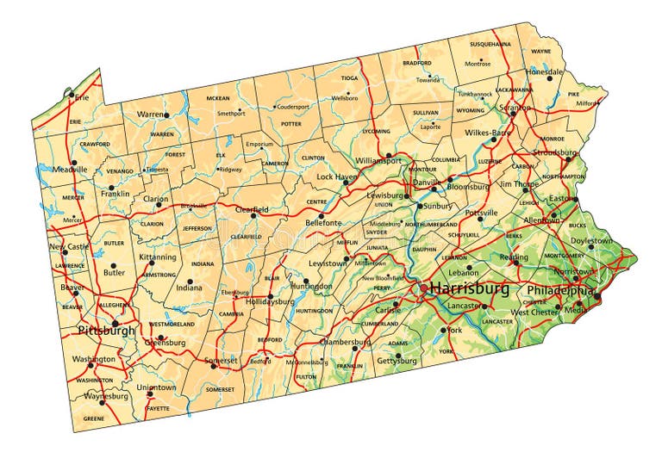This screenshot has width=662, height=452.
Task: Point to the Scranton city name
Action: coord(515,108)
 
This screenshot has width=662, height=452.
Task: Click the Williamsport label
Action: coord(378,160)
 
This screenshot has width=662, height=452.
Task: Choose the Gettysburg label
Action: coord(397,361)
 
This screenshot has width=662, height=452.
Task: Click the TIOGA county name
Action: coord(349,78)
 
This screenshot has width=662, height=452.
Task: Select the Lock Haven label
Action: coord(336,176)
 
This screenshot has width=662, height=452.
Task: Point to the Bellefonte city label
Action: coord(323,223)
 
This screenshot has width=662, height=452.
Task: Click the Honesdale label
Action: coord(546,71)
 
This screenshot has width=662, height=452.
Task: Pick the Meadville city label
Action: coord(69,170)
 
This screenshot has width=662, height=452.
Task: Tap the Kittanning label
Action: coord(158,257)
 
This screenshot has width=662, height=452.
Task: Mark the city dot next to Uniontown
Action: coord(149,394)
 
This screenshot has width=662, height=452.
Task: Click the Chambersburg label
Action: coord(344,342)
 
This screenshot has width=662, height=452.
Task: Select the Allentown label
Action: coord(542,220)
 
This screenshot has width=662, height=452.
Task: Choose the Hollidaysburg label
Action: coord(270,302)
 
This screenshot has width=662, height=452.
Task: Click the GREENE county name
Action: coord(93,418)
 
